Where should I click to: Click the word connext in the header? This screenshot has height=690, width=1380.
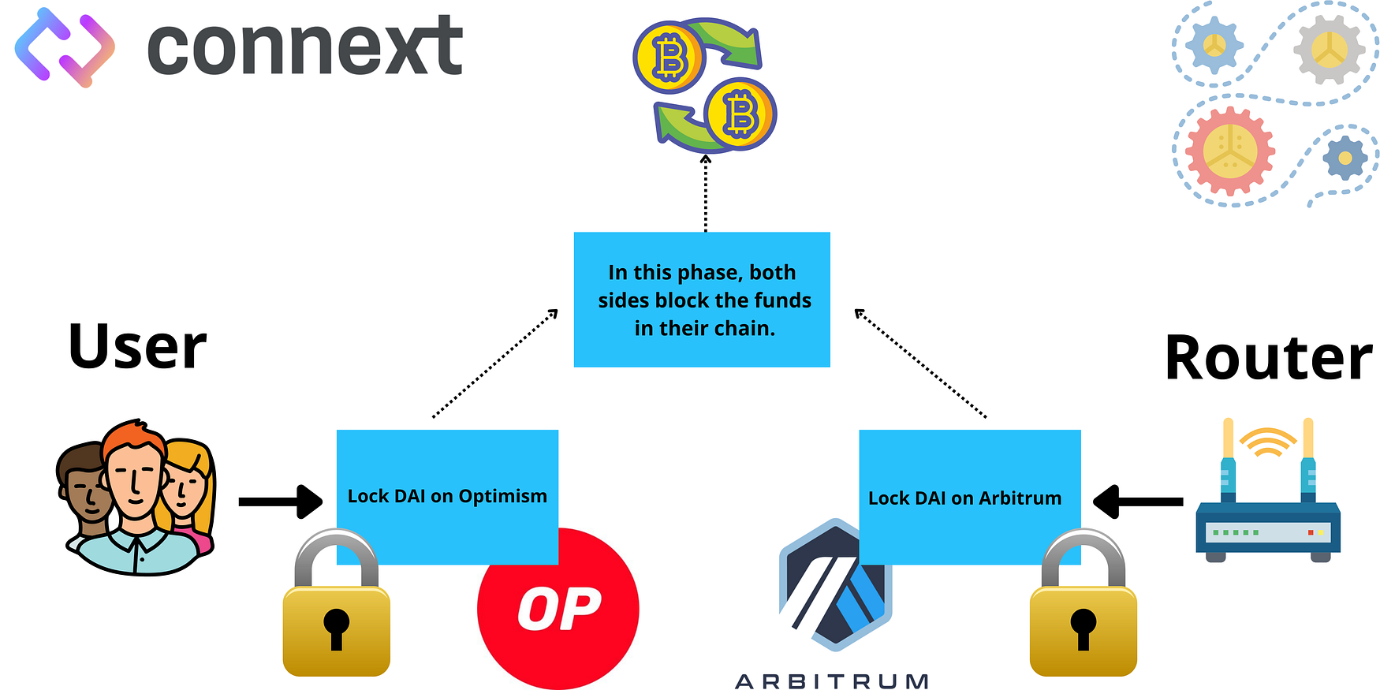click(304, 47)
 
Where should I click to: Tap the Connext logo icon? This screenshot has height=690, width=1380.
click(65, 47)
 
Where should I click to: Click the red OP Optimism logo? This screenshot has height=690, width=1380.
click(558, 609)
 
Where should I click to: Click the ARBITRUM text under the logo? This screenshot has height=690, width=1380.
click(832, 681)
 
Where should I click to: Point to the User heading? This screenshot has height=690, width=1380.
click(137, 347)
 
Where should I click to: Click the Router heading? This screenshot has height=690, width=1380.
click(1268, 358)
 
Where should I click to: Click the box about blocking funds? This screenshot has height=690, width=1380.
click(702, 300)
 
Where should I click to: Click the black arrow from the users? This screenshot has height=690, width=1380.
click(280, 502)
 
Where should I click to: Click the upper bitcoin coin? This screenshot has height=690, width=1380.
click(669, 58)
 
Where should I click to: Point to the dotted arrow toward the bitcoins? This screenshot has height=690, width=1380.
click(706, 193)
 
